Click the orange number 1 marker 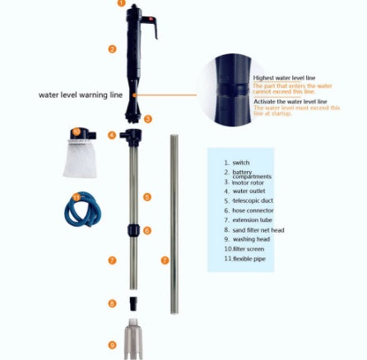122,3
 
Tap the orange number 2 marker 112,49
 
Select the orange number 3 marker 147,119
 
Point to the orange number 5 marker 146,197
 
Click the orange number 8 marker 112,303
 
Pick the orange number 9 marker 112,345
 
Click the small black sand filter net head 132,303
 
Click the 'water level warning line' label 81,95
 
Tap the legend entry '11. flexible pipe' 244,257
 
